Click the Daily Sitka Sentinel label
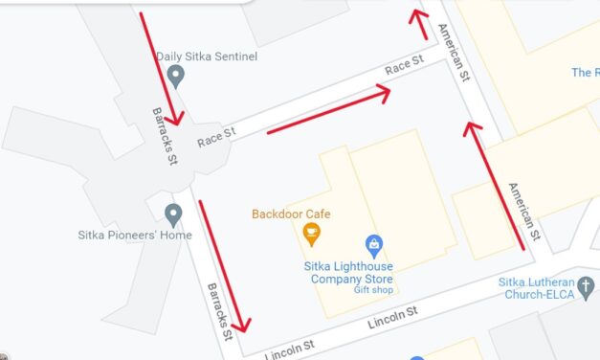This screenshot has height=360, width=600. coord(208,57)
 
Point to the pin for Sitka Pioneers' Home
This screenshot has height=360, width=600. coord(173,214)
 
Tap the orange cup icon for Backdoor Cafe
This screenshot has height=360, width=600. coord(311,232)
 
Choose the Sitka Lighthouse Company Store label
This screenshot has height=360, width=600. coord(351,272)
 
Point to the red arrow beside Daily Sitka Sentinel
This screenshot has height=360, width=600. coord(159,69)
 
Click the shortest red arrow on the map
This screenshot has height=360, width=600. coord(419,23)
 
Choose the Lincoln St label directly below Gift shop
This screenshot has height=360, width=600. coord(393,315)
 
